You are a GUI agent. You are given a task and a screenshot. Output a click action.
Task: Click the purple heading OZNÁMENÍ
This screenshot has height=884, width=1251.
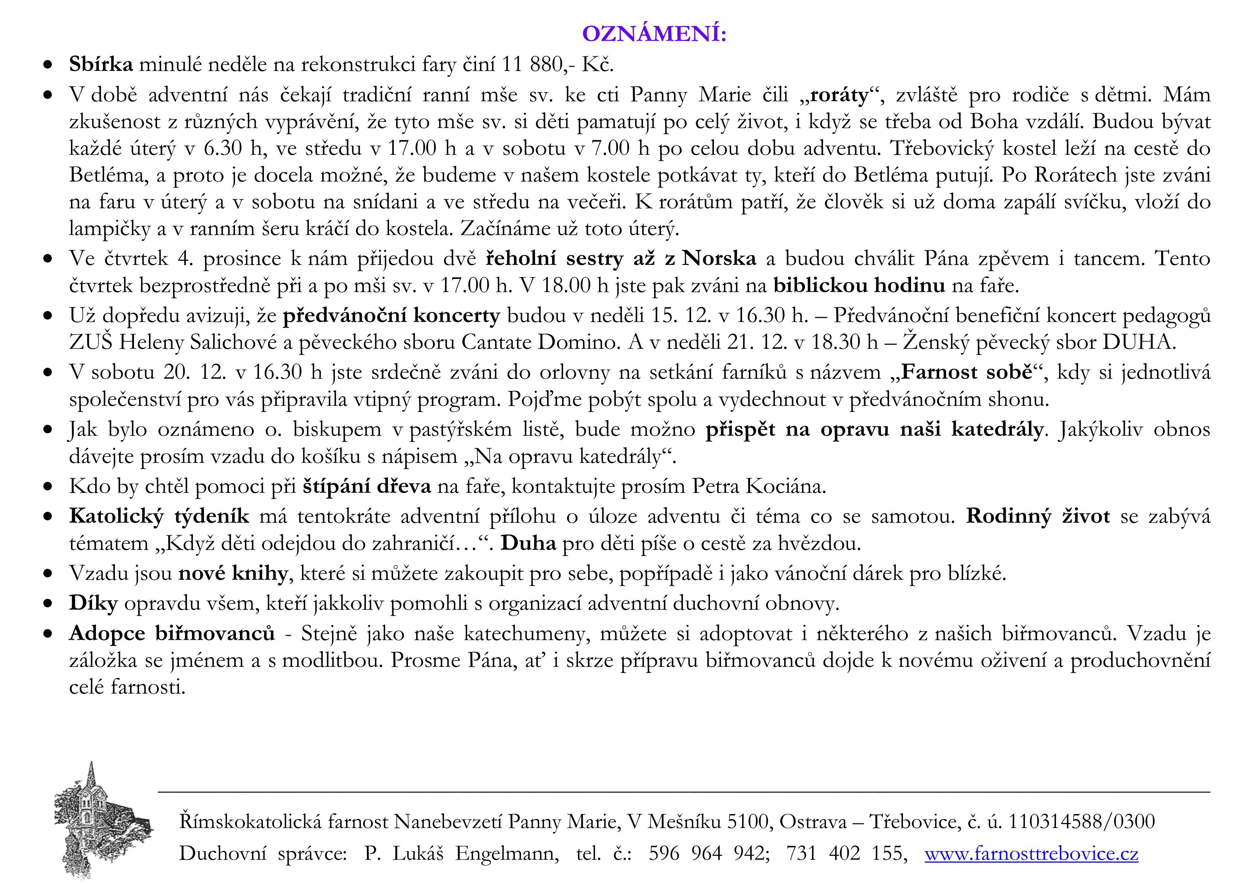pyautogui.click(x=654, y=34)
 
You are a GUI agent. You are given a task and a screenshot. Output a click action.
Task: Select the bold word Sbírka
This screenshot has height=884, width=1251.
pyautogui.click(x=101, y=64)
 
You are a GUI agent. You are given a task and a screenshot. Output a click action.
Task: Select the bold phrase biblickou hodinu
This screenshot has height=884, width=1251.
pyautogui.click(x=859, y=285)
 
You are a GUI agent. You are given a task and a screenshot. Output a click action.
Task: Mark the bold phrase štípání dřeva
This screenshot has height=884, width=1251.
pyautogui.click(x=367, y=486)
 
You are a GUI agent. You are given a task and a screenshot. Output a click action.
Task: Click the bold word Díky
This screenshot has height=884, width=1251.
pyautogui.click(x=93, y=603)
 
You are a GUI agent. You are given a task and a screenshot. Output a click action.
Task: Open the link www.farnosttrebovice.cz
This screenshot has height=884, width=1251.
pyautogui.click(x=1031, y=853)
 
